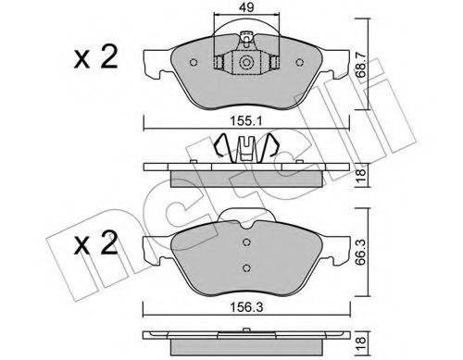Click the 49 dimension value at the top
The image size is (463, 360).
(x=246, y=12)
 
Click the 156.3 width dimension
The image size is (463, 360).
(x=247, y=296)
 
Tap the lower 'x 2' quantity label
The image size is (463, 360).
(x=95, y=247)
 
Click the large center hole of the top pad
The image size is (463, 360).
(x=247, y=63)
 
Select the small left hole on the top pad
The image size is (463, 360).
(x=191, y=63)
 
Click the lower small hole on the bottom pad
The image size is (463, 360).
(x=245, y=268)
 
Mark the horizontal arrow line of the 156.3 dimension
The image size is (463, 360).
(x=185, y=305)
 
